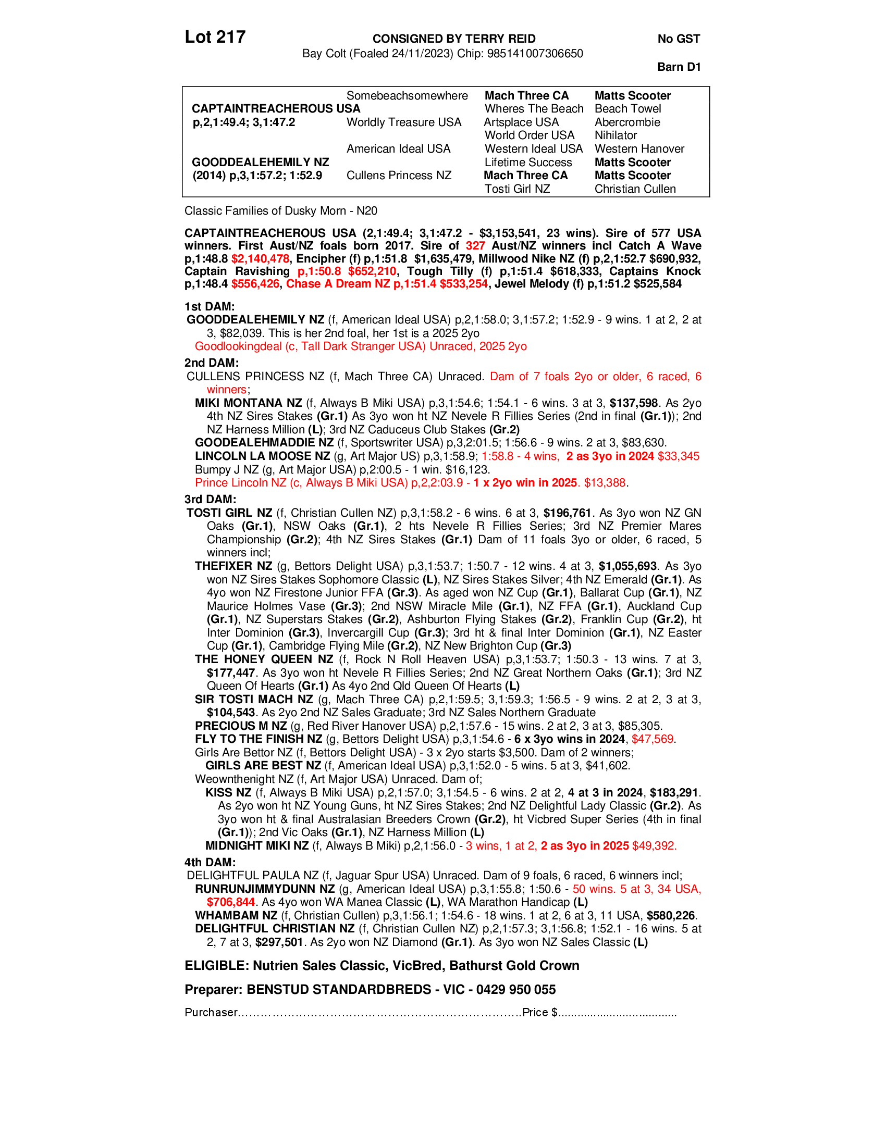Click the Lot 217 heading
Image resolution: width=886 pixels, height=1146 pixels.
(x=215, y=37)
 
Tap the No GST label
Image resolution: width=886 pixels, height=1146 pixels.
(x=679, y=39)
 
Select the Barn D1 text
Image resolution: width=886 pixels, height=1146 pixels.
(x=679, y=67)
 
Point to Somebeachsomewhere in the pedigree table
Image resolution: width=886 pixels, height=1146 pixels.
(x=408, y=95)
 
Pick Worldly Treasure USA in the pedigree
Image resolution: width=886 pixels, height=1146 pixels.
(x=403, y=122)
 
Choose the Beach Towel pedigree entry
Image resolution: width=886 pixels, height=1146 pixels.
(x=628, y=109)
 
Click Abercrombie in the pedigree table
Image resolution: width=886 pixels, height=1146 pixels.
(x=627, y=122)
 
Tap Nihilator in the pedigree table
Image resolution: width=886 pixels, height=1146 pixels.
(x=616, y=135)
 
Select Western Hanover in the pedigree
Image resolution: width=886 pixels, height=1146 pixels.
(x=639, y=149)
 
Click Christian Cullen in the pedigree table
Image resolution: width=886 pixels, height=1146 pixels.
(x=635, y=189)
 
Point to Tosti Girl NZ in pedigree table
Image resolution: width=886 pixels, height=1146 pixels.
(x=517, y=189)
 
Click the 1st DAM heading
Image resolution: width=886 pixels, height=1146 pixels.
(x=210, y=306)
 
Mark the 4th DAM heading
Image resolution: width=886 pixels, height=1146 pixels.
(x=210, y=862)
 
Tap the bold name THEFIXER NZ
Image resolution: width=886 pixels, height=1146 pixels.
(x=233, y=566)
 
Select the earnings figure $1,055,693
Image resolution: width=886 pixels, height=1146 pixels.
(x=628, y=566)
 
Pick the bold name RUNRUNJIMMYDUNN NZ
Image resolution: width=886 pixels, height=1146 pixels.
(x=265, y=889)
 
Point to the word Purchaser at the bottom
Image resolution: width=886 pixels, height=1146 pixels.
(x=211, y=1012)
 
